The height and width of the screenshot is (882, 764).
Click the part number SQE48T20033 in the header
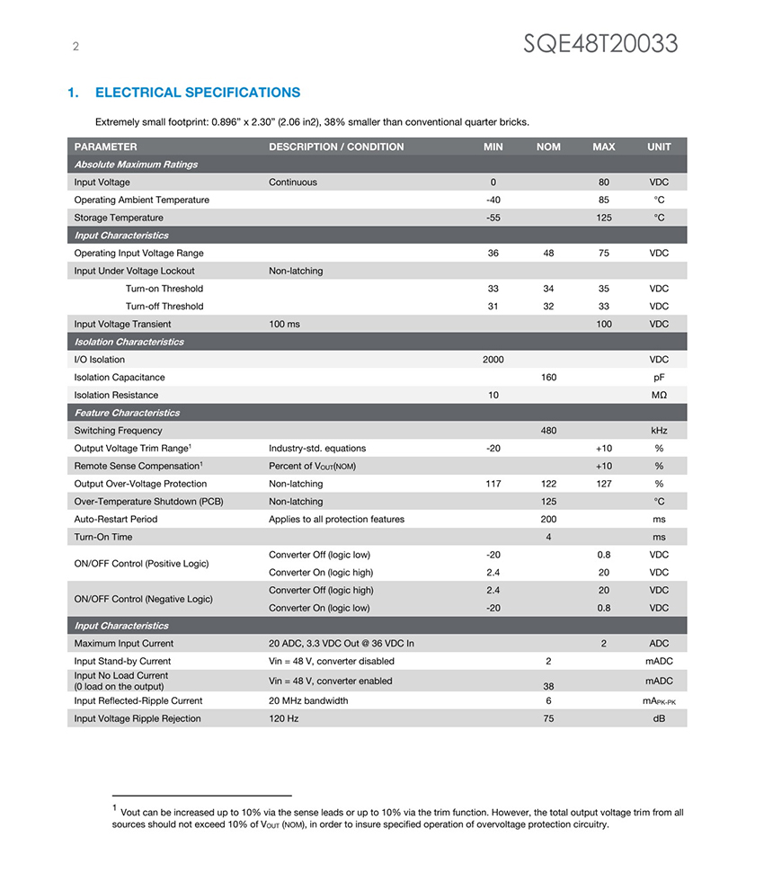coord(600,43)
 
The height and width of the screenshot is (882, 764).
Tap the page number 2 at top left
coord(76,48)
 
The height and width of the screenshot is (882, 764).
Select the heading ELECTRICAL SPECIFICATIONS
coord(197,93)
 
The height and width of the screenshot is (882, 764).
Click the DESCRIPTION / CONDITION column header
coord(336,147)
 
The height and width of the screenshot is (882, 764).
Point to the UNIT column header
coord(659,147)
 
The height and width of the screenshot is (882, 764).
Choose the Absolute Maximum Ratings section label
coord(136,165)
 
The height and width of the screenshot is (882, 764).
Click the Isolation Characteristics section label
coord(129,342)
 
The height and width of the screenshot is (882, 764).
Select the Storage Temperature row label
coord(119,218)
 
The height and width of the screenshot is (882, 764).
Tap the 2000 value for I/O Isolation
coord(493,360)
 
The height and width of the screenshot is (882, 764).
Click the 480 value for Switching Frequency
coord(548,431)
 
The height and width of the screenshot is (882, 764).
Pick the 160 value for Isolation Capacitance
coord(548,378)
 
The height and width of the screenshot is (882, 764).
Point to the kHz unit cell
coord(659,431)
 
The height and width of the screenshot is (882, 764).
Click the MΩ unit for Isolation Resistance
coord(659,396)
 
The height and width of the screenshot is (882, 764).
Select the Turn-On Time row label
coord(103,537)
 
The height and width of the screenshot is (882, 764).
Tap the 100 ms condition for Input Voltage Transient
coord(284,324)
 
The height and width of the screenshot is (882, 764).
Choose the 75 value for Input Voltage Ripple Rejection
coord(548,718)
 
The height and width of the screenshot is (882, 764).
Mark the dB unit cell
coord(659,718)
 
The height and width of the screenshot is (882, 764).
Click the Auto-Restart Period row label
coord(116,519)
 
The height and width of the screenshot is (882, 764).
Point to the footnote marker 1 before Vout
coord(115,808)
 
